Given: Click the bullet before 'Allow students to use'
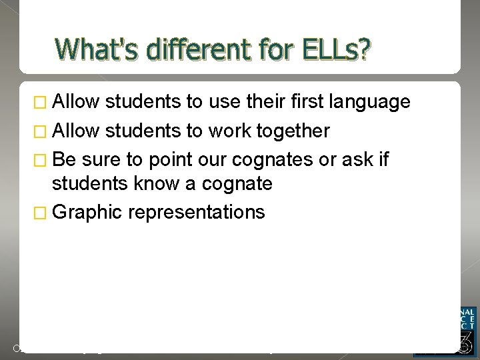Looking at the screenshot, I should click(x=44, y=102).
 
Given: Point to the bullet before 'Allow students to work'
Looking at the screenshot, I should click(x=44, y=131).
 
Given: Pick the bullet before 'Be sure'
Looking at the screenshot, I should click(x=44, y=161).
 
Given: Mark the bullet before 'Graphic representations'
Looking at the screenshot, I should click(x=44, y=213).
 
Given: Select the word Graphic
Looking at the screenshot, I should click(x=87, y=213).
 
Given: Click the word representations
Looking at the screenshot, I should click(x=197, y=213).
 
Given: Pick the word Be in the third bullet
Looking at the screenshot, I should click(x=64, y=160).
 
